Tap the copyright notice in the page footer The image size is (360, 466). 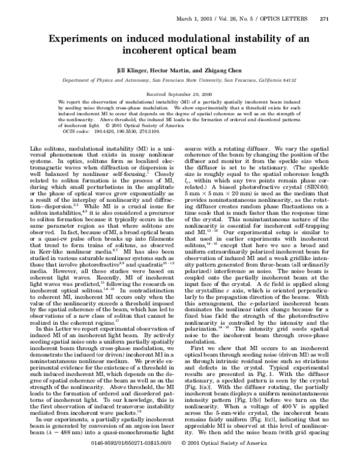pos(224,459)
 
